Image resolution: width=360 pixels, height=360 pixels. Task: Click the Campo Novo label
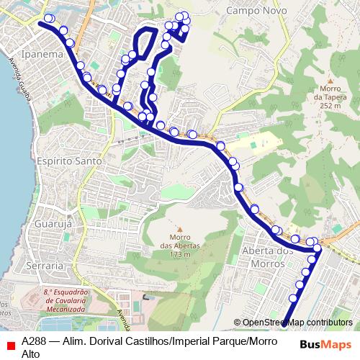[x=256, y=11]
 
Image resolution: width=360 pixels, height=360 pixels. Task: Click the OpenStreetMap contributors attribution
[x=297, y=323]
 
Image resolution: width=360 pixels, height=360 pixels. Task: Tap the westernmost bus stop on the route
[x=48, y=19]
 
